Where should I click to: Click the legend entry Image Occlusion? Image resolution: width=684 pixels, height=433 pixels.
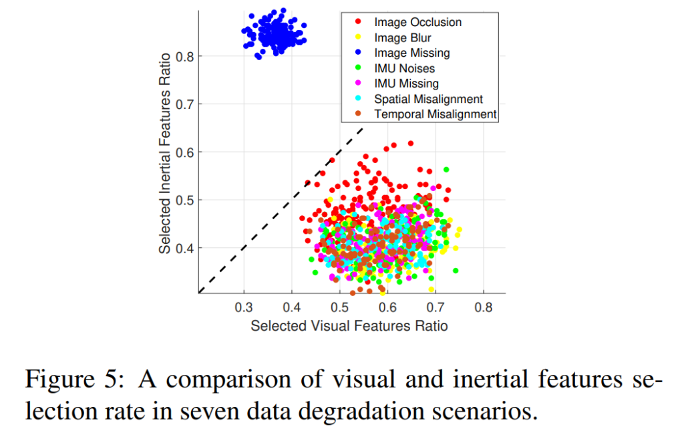pos(417,22)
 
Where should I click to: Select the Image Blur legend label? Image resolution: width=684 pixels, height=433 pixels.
pos(403,37)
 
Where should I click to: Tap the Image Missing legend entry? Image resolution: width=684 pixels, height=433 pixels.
pos(411,53)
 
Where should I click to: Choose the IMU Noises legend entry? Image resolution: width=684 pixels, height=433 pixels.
pos(404,68)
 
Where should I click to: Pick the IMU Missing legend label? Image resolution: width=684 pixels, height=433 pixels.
pos(406,84)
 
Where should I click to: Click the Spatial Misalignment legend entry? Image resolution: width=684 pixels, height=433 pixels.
pos(428,99)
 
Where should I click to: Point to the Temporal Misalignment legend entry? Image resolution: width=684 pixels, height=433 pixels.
pos(436,114)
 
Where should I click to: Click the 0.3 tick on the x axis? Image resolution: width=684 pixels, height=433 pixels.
pos(244,308)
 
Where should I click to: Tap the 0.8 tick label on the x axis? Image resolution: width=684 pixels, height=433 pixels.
pos(484,308)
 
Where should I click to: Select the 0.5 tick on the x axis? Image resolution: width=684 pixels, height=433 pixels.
pos(340,308)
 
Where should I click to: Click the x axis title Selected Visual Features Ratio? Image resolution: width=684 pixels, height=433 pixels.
pos(349,326)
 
